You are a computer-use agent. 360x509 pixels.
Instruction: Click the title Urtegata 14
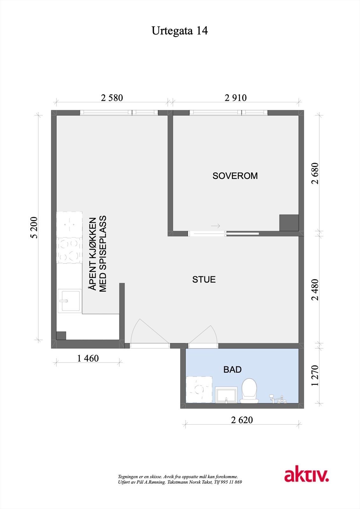coord(180,31)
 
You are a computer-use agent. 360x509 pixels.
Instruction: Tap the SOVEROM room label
coord(235,176)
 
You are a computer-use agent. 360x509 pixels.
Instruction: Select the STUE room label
coord(204,280)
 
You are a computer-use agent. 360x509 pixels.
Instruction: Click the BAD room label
coord(232,370)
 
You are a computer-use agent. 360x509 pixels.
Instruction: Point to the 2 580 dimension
coord(112,98)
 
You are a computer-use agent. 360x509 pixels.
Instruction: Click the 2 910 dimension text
coord(236,98)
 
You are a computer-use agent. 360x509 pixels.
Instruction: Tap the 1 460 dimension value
coord(88,359)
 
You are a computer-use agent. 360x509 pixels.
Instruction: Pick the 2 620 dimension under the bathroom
coord(242,420)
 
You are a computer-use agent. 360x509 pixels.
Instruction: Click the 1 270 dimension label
coord(315,376)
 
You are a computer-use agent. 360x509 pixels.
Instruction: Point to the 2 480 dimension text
coord(315,289)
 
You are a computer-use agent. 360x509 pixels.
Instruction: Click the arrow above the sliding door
coord(216,226)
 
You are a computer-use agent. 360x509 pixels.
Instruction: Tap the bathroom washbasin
coord(226,395)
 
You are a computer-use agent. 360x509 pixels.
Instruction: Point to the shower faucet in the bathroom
coord(277,399)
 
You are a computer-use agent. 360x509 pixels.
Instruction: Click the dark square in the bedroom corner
coord(289,223)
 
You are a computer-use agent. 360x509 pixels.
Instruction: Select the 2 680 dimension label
coord(315,173)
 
